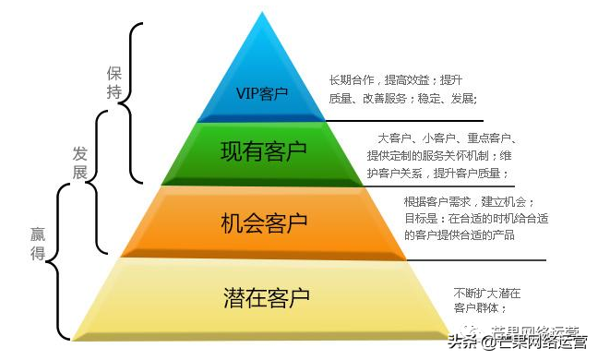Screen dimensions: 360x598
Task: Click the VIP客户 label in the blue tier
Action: pos(263,93)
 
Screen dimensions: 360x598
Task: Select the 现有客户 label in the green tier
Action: pos(263,149)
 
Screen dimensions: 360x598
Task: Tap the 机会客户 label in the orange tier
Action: pos(264,222)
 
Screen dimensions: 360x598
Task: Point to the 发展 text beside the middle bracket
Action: pos(81,162)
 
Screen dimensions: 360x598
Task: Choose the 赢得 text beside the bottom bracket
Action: pos(38,243)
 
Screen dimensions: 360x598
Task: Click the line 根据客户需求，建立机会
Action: pos(468,201)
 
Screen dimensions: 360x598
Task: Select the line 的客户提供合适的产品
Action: pos(459,235)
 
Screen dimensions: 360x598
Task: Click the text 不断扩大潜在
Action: pos(486,293)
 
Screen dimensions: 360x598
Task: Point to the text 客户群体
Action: pos(480,307)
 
